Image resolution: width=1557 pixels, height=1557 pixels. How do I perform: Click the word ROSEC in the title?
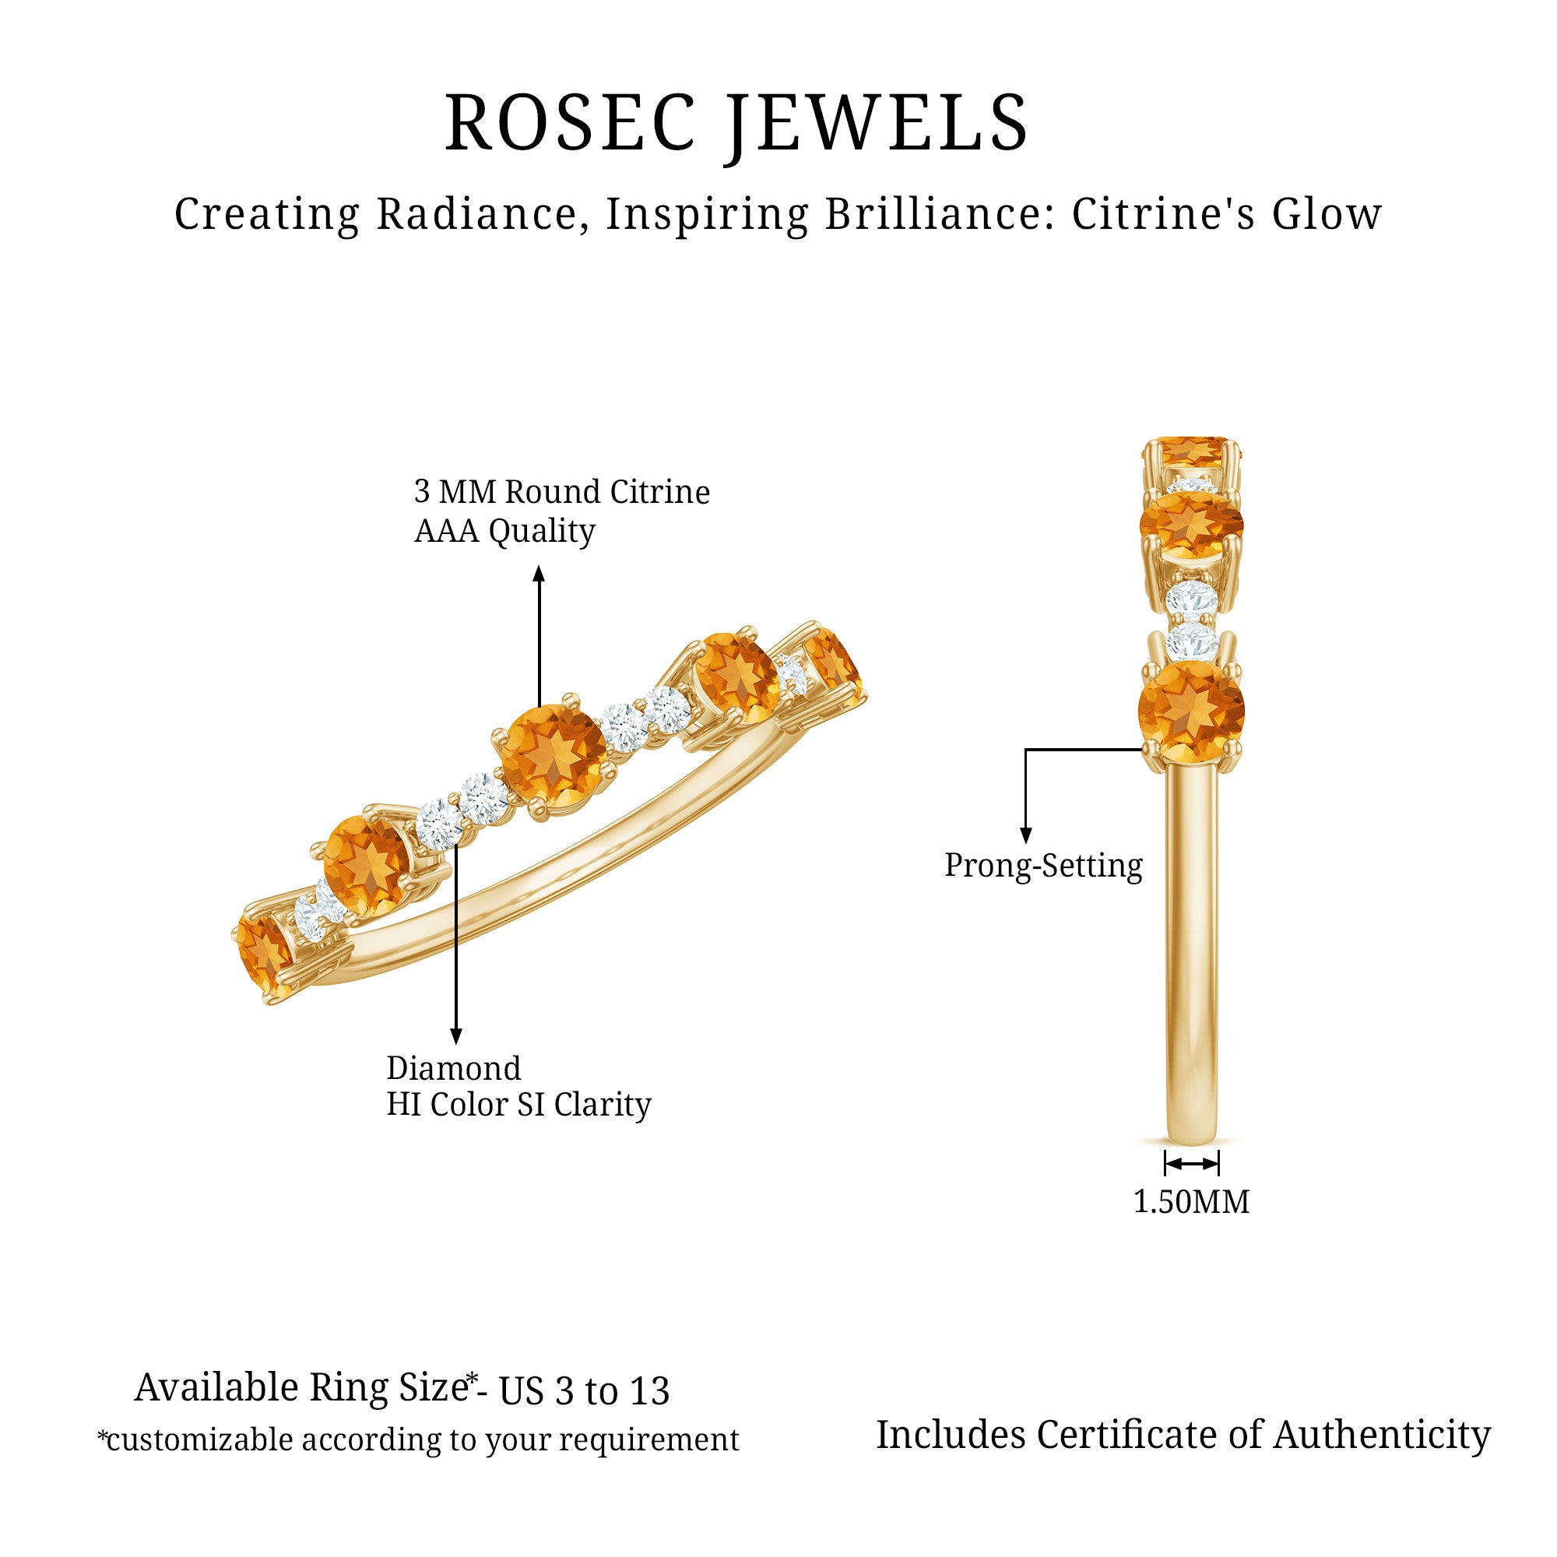[570, 122]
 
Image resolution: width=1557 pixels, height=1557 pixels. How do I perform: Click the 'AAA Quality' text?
[504, 531]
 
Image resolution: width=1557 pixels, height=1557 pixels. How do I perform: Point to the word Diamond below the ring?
[454, 1069]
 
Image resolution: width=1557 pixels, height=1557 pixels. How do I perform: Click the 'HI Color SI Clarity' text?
[518, 1105]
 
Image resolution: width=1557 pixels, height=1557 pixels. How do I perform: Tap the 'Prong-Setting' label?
[1043, 866]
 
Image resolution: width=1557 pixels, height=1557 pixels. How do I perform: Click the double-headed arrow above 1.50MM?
[1191, 1164]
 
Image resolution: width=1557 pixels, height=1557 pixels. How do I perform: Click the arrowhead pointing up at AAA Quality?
[540, 573]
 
